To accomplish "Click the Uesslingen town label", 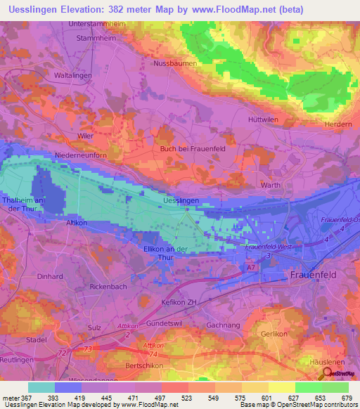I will [181, 200].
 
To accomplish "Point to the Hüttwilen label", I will [264, 119].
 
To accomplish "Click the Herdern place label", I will [336, 124].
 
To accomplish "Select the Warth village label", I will [270, 185].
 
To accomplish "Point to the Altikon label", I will [75, 221].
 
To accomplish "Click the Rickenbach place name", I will [109, 287].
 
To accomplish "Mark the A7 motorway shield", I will [251, 268].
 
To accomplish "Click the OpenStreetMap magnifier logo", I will [328, 373].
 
